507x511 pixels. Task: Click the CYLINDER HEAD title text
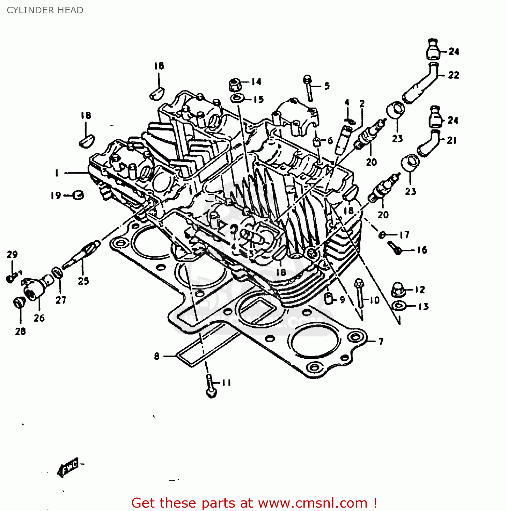45,10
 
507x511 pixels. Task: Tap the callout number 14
256,82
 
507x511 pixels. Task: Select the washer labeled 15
237,99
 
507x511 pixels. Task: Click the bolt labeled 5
308,88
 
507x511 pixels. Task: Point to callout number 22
453,75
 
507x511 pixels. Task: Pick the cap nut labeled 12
398,290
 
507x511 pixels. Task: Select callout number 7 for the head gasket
381,341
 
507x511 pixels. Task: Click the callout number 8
156,356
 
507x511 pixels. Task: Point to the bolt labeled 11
210,387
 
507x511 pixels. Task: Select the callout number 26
39,318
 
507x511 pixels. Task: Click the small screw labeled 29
11,278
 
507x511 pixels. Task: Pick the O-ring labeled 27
57,273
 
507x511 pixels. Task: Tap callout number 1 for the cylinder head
57,173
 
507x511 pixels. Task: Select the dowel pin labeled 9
328,298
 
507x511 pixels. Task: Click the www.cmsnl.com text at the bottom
312,503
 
